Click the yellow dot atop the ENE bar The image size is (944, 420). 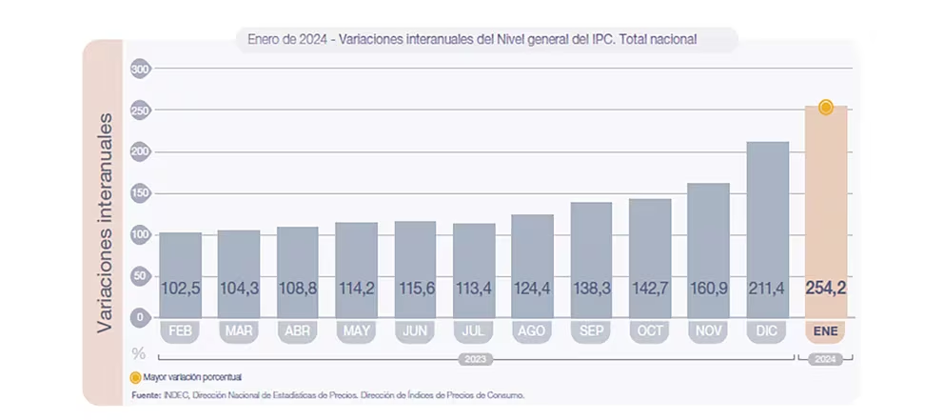[826, 108]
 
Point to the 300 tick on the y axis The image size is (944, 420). [141, 70]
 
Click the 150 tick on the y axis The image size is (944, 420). [141, 193]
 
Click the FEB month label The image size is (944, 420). [180, 331]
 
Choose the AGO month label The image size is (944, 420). [532, 331]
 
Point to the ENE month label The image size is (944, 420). [826, 331]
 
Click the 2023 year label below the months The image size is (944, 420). [474, 359]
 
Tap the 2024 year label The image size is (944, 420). [826, 359]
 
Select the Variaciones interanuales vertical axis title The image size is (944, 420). [107, 222]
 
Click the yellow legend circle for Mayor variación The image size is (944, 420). [135, 377]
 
